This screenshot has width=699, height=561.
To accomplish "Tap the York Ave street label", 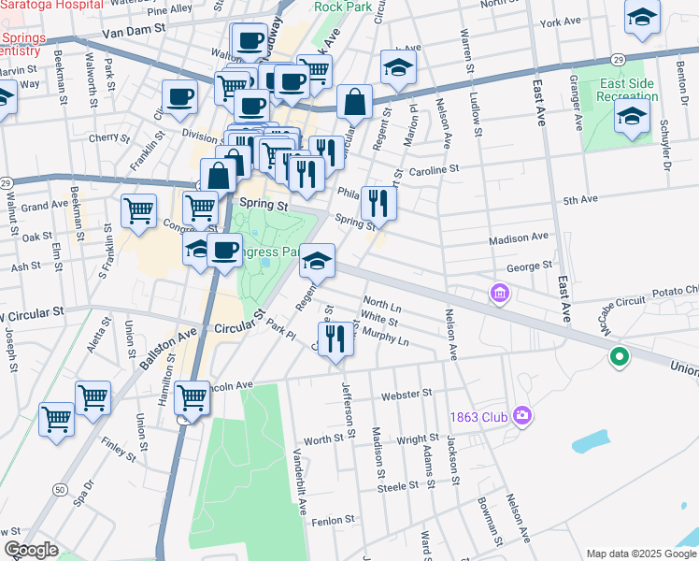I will click(560, 22).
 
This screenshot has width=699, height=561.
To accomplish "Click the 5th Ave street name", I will click(579, 199).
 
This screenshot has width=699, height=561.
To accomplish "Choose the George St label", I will click(529, 266).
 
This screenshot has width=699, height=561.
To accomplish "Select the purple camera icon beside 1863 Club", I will click(521, 414).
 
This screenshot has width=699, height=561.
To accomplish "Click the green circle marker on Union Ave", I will click(617, 356).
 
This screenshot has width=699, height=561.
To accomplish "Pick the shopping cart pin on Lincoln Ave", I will click(192, 396).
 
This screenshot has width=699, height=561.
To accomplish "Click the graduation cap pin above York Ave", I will click(642, 19).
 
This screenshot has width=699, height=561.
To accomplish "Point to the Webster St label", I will click(407, 394).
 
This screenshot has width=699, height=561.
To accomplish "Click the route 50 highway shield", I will click(59, 489).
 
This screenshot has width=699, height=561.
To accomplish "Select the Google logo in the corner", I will click(31, 550).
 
